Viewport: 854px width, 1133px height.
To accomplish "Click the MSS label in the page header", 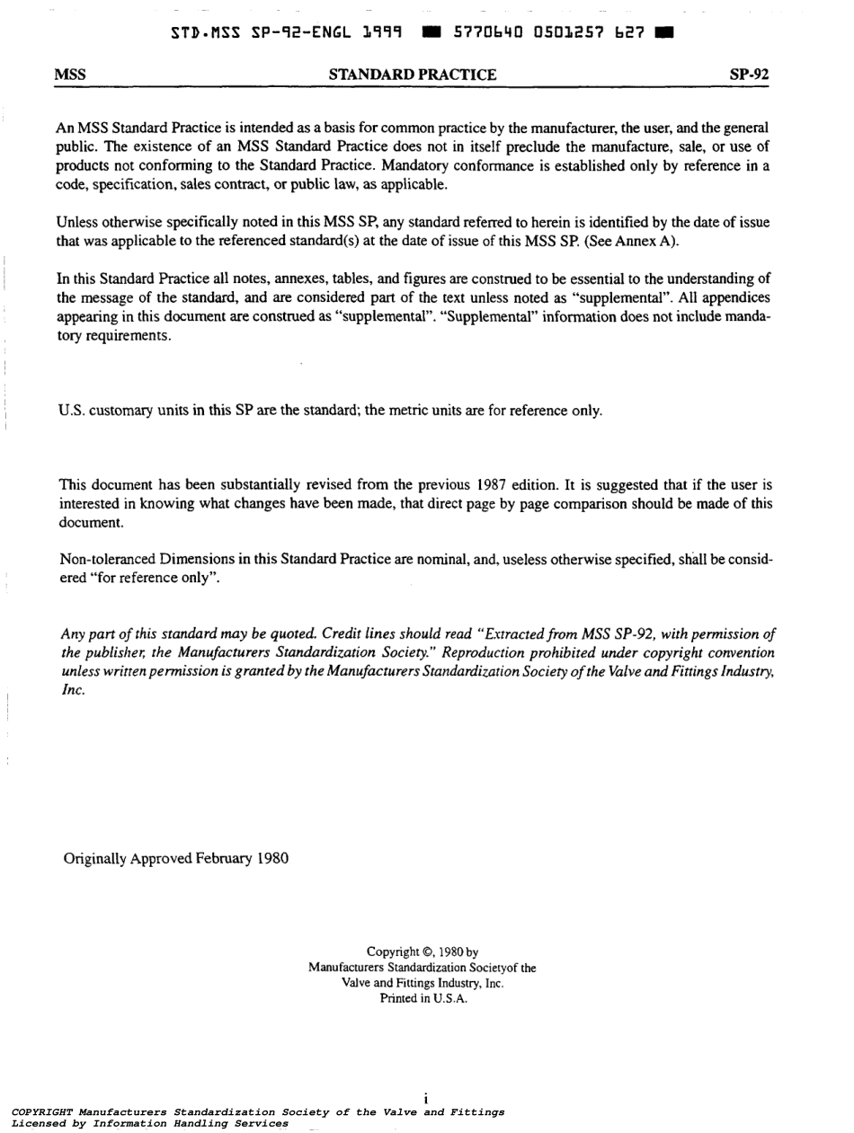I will point(69,75).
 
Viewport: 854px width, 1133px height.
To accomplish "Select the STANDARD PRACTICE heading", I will point(413,75).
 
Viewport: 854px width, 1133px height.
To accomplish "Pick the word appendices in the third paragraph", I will point(739,299).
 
